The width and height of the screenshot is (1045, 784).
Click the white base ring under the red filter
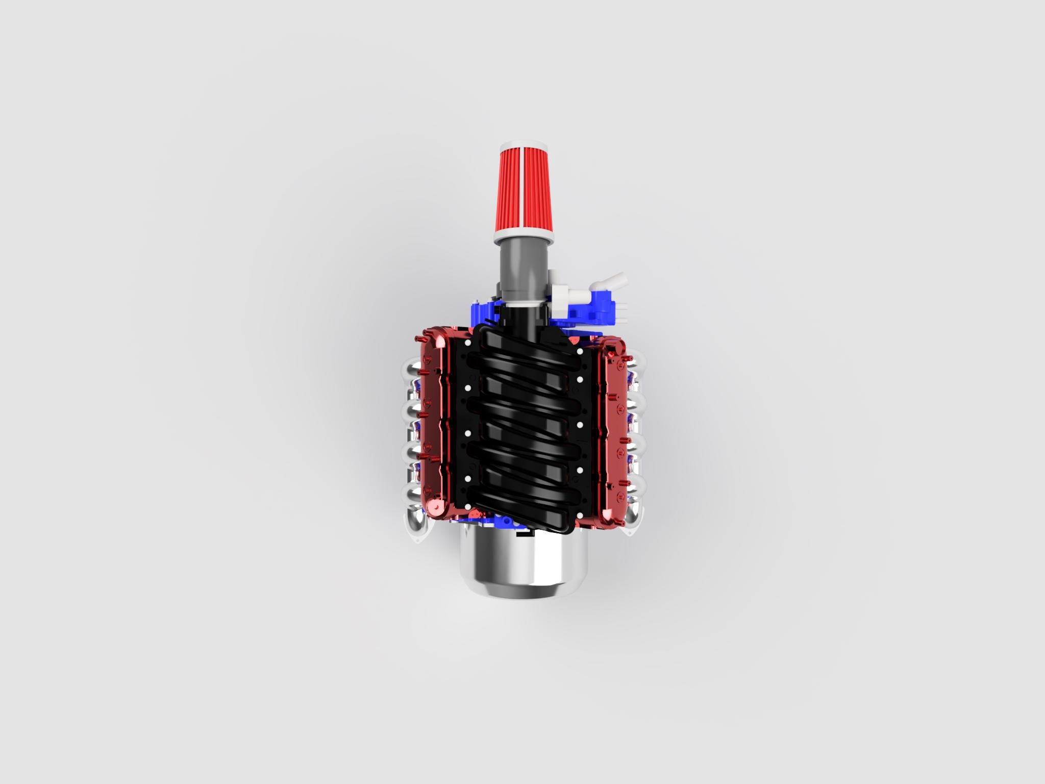523,235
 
